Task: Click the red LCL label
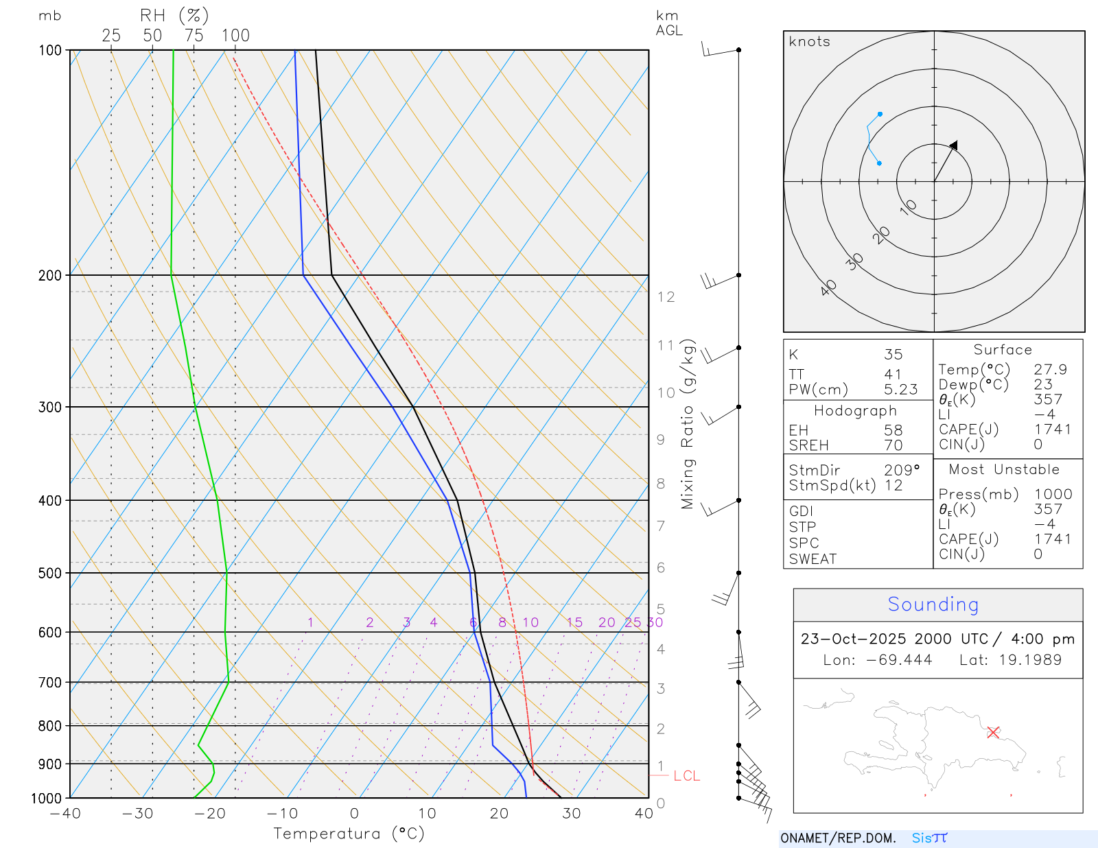(x=686, y=776)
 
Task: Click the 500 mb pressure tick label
(x=50, y=573)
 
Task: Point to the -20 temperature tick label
(x=210, y=814)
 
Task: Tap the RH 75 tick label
(x=194, y=36)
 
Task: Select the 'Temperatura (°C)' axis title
(x=349, y=834)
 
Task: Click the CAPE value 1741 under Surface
(x=1053, y=429)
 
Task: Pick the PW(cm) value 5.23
(x=900, y=390)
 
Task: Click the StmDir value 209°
(x=901, y=471)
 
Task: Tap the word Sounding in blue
(x=933, y=604)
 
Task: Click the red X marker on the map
(x=993, y=732)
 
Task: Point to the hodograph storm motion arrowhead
(x=954, y=145)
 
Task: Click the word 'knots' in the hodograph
(x=809, y=42)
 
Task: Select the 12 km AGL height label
(x=666, y=297)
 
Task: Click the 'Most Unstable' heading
(x=1004, y=470)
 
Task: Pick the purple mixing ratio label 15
(x=574, y=622)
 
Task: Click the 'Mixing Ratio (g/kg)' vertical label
(x=688, y=424)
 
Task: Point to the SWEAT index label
(x=813, y=559)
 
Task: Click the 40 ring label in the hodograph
(x=829, y=287)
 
